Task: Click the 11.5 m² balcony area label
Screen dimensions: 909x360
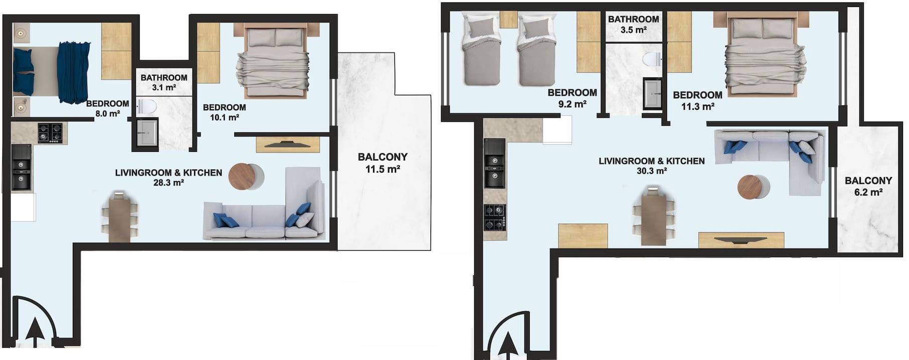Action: pos(382,163)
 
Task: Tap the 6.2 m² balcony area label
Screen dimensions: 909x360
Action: pos(868,186)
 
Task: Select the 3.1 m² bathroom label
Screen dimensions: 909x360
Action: pos(164,82)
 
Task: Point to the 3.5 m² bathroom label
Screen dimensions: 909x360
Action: pos(633,24)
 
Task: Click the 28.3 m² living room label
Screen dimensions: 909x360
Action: pos(169,177)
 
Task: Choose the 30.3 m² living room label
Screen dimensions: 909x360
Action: pos(652,166)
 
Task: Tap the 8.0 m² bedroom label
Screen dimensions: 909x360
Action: pos(107,108)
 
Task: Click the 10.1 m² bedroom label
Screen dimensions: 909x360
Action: pos(224,112)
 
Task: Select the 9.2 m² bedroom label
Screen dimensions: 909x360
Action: pos(572,98)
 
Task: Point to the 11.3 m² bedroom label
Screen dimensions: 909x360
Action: pos(697,100)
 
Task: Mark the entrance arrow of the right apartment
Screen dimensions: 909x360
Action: pos(508,344)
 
